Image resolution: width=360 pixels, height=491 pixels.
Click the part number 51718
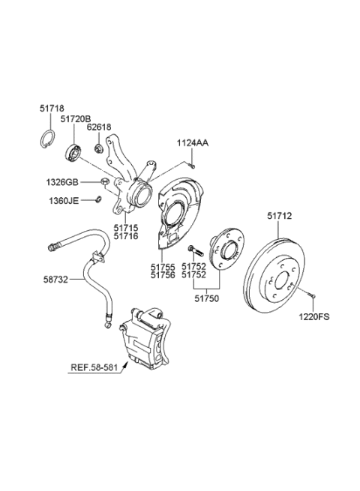point(51,109)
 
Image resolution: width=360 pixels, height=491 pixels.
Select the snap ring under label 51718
point(46,139)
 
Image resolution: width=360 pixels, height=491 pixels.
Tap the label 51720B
point(76,119)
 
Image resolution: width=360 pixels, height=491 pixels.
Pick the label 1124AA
point(193,142)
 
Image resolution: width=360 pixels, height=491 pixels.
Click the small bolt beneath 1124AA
point(192,163)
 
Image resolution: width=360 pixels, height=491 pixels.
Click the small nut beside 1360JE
point(98,199)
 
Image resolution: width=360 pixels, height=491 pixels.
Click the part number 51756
point(164,275)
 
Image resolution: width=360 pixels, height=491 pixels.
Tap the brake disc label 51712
point(280,216)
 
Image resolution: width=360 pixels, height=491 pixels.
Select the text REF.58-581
point(94,368)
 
